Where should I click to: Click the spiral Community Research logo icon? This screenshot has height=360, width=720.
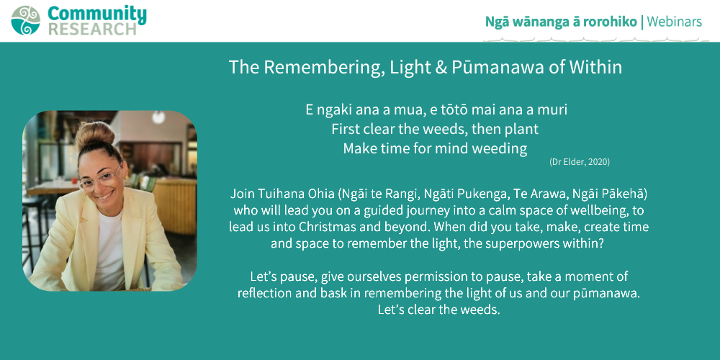26,20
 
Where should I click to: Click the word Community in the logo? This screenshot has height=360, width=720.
97,14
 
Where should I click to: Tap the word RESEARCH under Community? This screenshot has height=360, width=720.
92,29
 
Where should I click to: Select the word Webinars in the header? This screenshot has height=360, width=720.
675,22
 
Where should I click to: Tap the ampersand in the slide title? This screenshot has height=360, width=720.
441,68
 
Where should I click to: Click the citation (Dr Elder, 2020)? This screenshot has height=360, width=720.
580,161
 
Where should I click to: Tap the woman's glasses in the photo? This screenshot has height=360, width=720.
101,179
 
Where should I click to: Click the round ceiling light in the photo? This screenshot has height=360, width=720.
159,117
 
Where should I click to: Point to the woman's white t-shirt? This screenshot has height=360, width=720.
109,247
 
